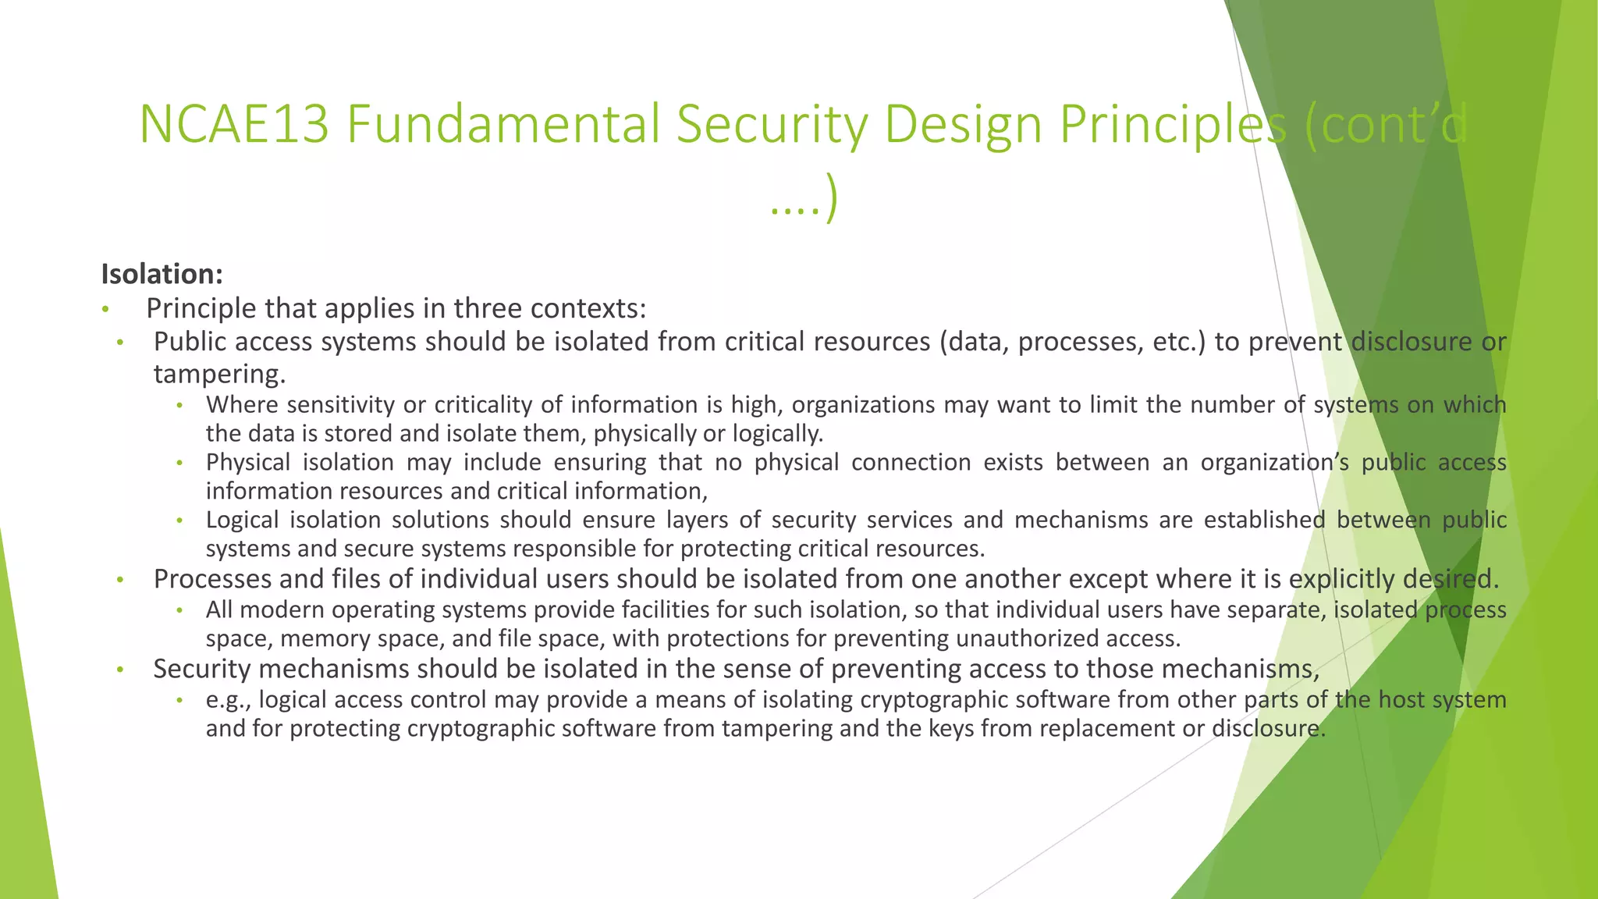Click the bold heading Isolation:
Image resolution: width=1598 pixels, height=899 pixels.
[x=162, y=274]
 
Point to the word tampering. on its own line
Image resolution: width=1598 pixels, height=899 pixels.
[x=219, y=374]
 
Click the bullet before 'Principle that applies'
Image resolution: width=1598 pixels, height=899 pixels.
[x=105, y=310]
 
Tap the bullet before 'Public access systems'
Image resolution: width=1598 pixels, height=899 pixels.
[x=120, y=343]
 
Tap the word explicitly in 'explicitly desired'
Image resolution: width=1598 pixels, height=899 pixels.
[x=1342, y=579]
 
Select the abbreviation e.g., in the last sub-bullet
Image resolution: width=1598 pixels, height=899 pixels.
[x=229, y=700]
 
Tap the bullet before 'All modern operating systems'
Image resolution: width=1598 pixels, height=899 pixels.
[x=179, y=610]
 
